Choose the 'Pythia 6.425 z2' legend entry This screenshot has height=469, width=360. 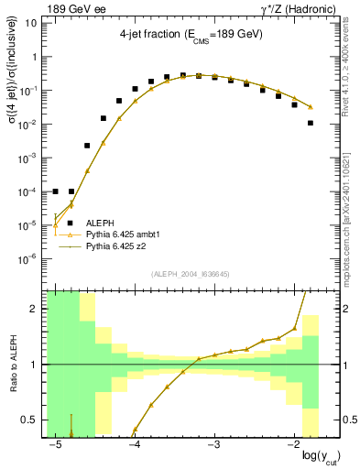point(118,246)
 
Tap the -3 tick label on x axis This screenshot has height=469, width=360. point(213,445)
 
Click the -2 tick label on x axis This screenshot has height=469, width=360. point(292,445)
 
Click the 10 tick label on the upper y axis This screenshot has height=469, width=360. point(32,24)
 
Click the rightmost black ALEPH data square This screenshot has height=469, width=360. point(311,123)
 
